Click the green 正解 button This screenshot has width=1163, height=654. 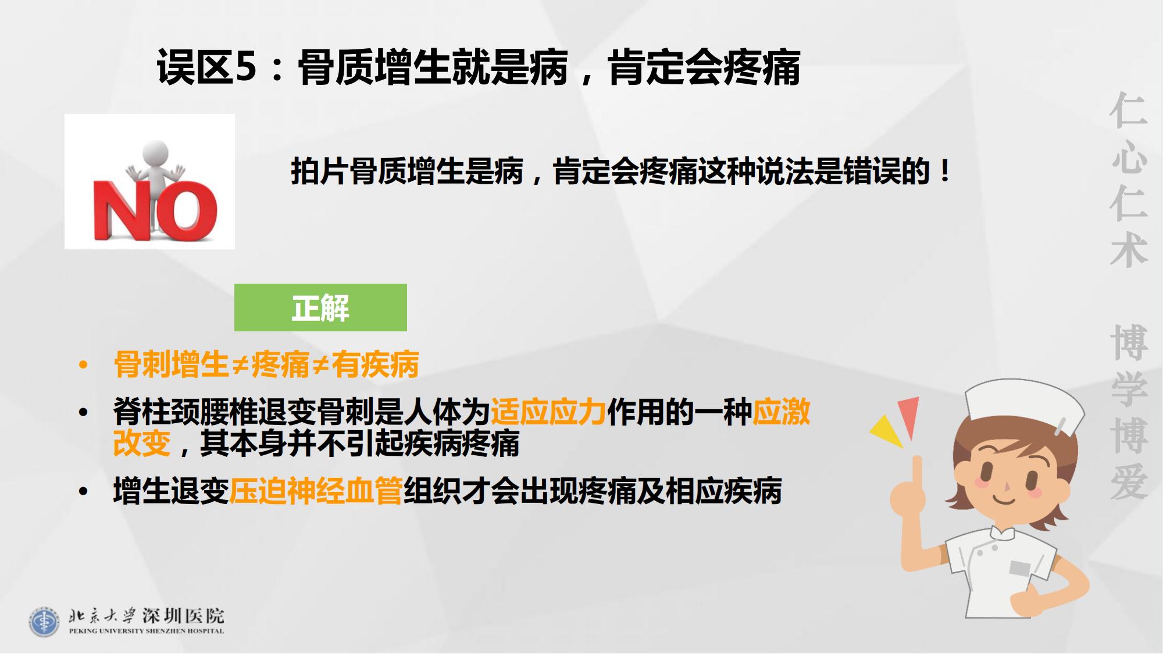(320, 308)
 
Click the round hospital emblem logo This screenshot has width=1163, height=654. (44, 622)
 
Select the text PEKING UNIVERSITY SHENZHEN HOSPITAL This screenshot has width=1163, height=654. (146, 631)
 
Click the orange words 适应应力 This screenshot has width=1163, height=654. (548, 412)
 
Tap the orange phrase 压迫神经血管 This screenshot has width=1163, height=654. (316, 491)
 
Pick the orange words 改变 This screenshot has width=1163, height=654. (142, 443)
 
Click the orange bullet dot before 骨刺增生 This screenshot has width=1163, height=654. (84, 365)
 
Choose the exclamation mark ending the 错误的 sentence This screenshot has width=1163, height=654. (945, 171)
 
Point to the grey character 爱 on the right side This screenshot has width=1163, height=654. (1128, 482)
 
